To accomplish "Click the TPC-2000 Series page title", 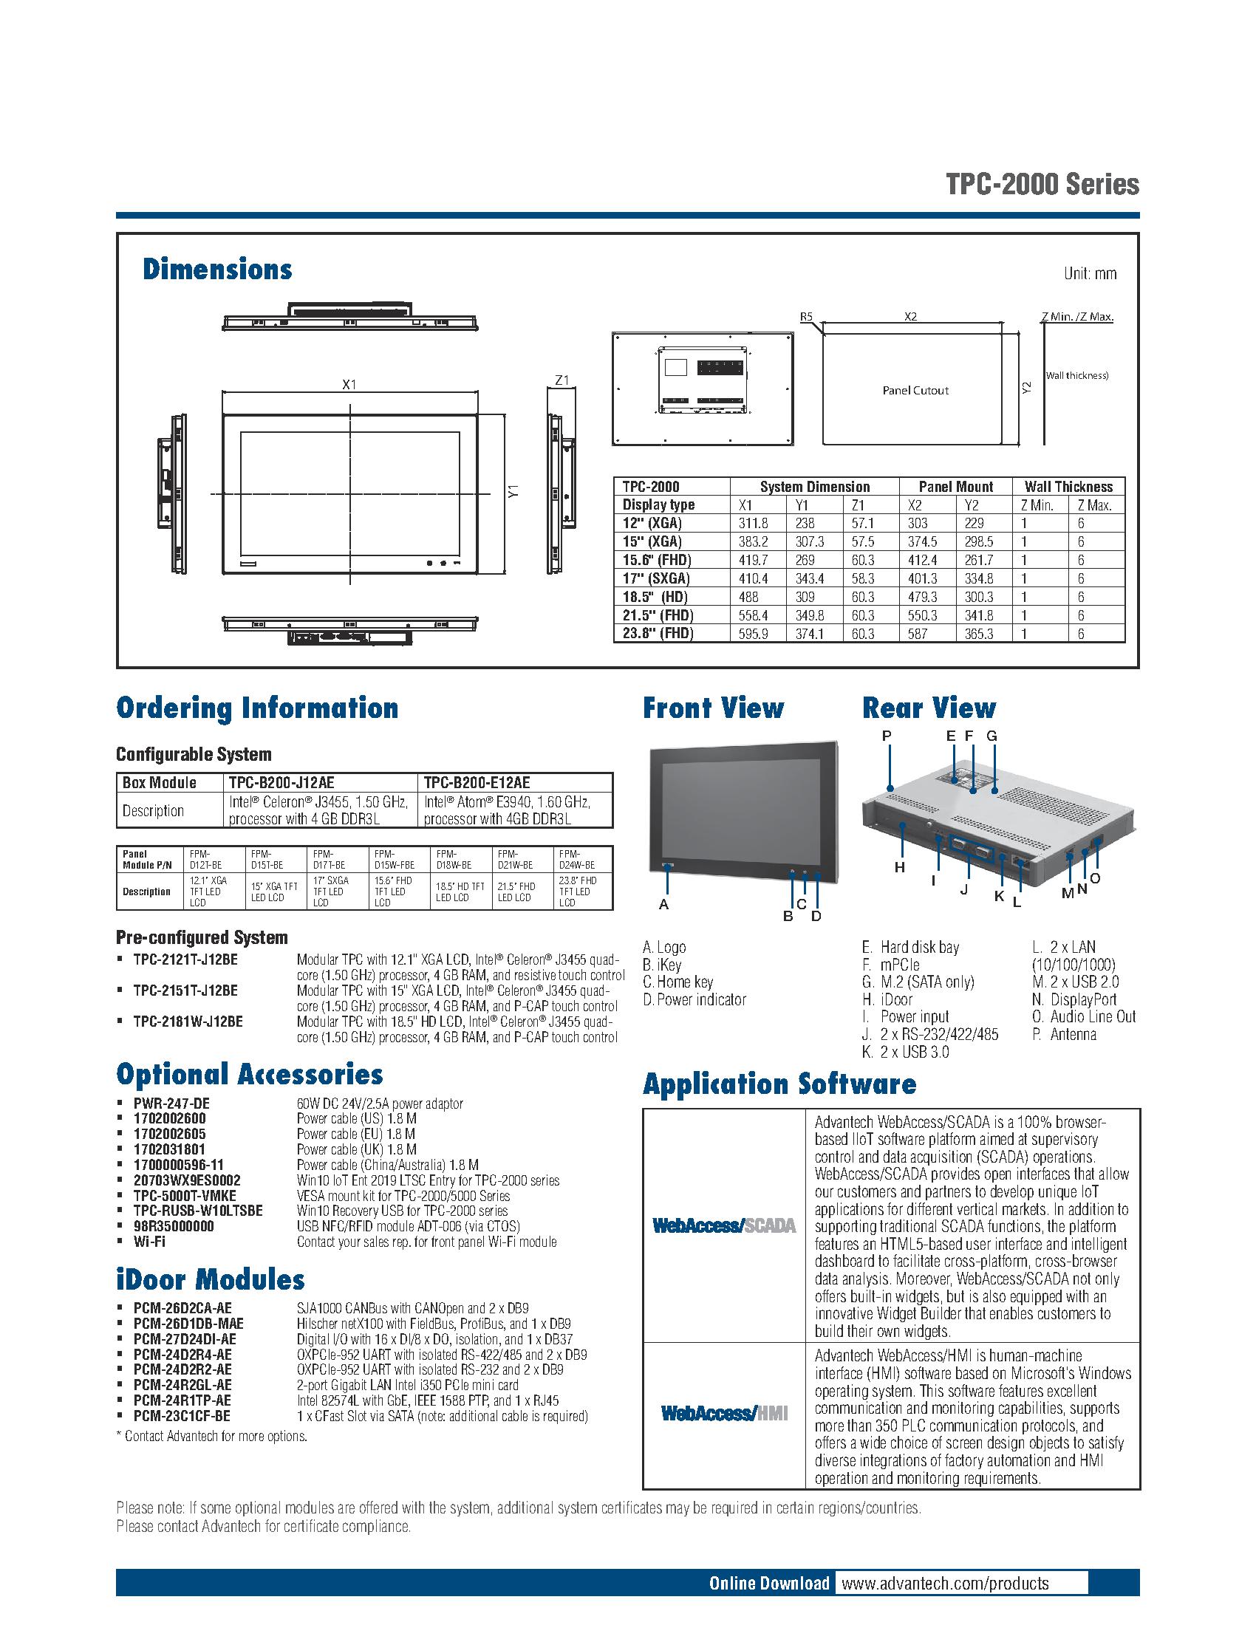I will pos(1042,184).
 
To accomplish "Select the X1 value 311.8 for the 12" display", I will pos(753,523).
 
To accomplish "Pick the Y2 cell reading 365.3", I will pos(978,634).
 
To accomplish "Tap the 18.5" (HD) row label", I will pos(655,597).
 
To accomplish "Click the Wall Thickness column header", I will pos(1068,487).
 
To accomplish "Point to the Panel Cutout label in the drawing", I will pos(915,390).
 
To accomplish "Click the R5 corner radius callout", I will pos(807,317).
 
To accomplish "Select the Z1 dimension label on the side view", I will pos(562,380).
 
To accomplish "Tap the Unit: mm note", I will pos(1090,274).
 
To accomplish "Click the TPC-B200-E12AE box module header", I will pos(477,783).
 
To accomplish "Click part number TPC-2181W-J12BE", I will pos(188,1022).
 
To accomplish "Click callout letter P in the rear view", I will pos(887,736).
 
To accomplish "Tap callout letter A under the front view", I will pos(663,905).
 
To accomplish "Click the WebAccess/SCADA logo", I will pos(723,1225).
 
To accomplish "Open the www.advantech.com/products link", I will pos(945,1584).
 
